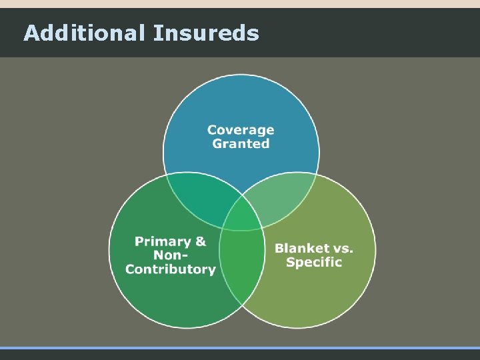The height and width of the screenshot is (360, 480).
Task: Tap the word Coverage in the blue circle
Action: [x=241, y=130]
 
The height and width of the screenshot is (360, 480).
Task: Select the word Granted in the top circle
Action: [x=241, y=143]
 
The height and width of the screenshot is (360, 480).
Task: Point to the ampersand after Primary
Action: [x=200, y=241]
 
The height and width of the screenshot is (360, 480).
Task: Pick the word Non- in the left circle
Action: [x=171, y=255]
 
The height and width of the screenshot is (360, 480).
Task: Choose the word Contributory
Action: [x=171, y=269]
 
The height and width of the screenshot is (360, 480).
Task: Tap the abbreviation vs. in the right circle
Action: [x=342, y=248]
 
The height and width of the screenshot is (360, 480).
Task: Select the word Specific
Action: [x=313, y=262]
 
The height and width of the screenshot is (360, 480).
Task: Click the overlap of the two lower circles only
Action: [x=241, y=267]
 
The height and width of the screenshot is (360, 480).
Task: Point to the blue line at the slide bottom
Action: [x=240, y=348]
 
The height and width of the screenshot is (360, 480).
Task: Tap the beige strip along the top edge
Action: [x=240, y=4]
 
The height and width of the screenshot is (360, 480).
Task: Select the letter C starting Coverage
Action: [x=213, y=130]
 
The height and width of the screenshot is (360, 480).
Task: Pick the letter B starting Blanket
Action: [x=280, y=248]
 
